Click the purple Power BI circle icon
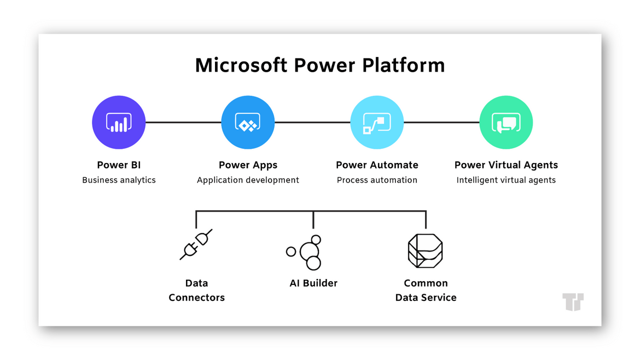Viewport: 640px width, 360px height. point(119,123)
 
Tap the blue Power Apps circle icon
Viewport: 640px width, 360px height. point(248,123)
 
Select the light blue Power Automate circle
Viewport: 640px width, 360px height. point(377,123)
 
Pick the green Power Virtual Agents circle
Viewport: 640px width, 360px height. point(506,123)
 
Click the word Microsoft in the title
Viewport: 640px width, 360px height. point(241,65)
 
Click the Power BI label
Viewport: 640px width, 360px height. point(119,165)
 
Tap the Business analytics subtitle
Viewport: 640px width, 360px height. point(119,180)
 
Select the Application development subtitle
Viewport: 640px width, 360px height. point(248,180)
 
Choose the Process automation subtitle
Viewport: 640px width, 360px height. point(377,180)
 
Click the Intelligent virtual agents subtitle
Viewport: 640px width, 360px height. point(506,180)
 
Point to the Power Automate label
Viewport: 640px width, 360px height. point(377,165)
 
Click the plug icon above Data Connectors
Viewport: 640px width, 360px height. point(196,245)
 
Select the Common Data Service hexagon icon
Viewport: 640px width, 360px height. point(426,251)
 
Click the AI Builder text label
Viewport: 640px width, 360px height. point(313,283)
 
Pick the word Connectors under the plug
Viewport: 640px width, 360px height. point(197,298)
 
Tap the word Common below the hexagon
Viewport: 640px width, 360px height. point(426,283)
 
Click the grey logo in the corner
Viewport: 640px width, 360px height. point(573,301)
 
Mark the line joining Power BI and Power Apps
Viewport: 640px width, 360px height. point(183,122)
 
